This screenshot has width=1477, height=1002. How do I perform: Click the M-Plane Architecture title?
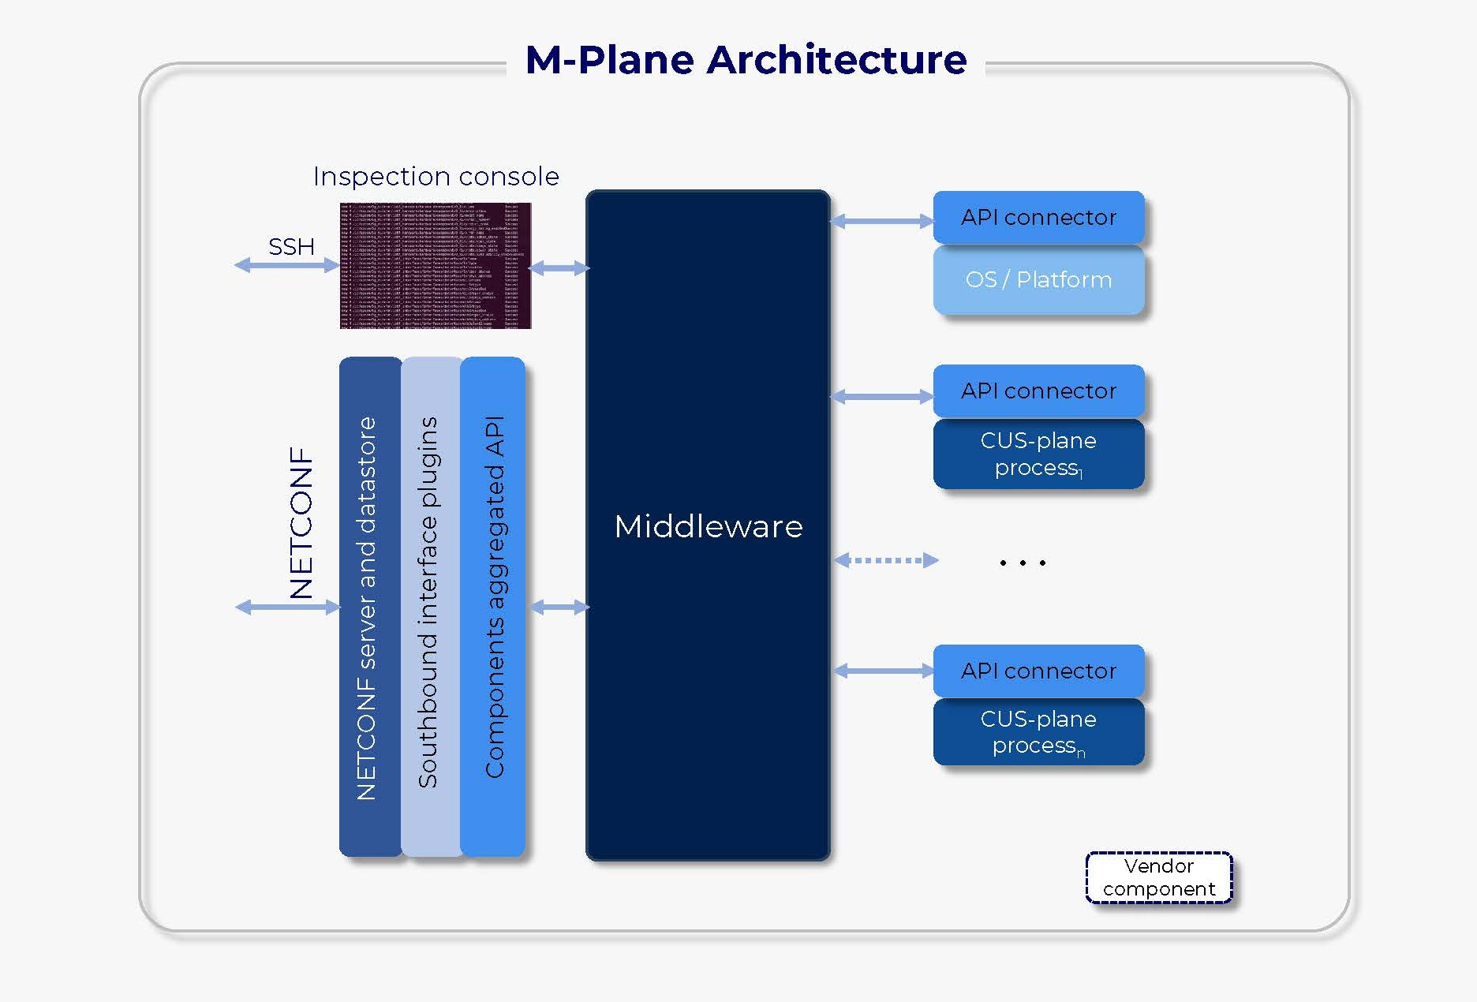(x=746, y=60)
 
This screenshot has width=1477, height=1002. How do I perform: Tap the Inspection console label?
(x=436, y=176)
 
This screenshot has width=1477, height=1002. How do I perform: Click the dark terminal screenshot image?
(x=436, y=265)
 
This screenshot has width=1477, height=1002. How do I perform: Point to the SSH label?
(x=291, y=247)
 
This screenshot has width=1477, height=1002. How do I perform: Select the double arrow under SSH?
(x=287, y=266)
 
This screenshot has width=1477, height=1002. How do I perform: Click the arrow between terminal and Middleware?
(x=559, y=268)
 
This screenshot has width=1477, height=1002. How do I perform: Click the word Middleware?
(x=708, y=526)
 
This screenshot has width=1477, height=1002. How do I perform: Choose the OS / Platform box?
(x=1038, y=280)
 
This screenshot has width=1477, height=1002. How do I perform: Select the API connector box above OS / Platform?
(x=1038, y=217)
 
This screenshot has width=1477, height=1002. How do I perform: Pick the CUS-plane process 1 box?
(x=1038, y=454)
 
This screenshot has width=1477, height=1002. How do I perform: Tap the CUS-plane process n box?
(x=1038, y=732)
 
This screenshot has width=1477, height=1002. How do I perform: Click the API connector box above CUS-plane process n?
(x=1038, y=671)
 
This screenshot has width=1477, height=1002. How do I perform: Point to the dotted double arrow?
(x=886, y=561)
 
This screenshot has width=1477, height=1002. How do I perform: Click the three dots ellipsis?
(x=1022, y=563)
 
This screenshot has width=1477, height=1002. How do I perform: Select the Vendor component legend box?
(x=1158, y=877)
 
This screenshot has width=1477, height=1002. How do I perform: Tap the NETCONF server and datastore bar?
(x=369, y=608)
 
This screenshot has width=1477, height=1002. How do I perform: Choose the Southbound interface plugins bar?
(x=430, y=608)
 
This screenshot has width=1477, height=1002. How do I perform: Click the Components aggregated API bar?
(x=492, y=608)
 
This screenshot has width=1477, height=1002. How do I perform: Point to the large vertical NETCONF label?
(x=301, y=522)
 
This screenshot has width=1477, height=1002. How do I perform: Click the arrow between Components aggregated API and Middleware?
(x=559, y=607)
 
